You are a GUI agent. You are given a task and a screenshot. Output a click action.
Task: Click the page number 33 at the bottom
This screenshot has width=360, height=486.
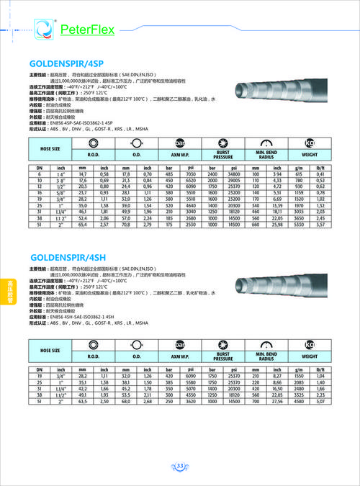[x=181, y=466]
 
